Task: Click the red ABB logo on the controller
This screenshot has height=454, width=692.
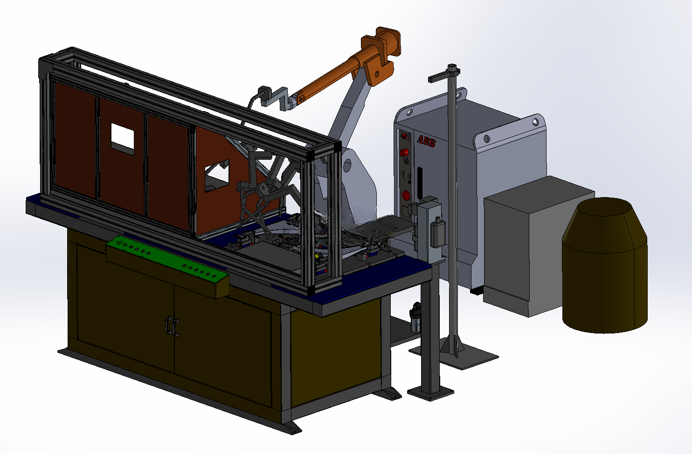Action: point(426,141)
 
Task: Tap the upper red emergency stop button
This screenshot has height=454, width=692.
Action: point(404,152)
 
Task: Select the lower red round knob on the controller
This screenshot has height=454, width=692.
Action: point(406,195)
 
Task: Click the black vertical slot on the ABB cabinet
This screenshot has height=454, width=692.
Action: point(420,183)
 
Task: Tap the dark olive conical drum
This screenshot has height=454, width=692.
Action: point(605,265)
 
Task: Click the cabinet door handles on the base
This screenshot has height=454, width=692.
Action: point(172,326)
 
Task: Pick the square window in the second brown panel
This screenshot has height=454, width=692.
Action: point(123,139)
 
